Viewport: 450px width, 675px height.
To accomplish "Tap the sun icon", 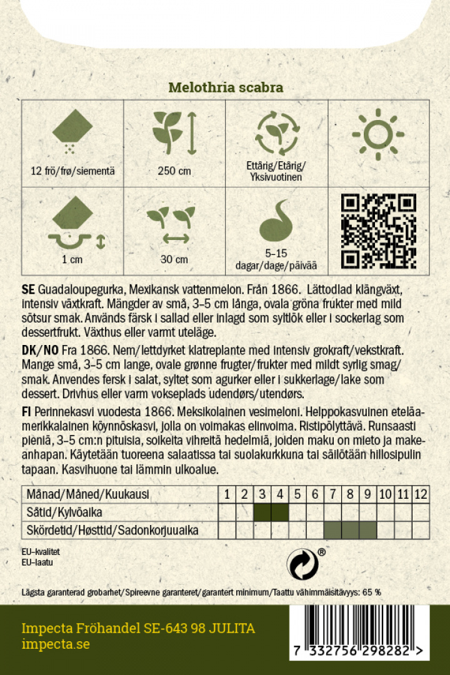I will pos(378,134).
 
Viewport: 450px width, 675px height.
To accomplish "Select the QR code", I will pos(379,231).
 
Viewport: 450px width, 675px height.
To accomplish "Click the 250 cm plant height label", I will pos(174,171).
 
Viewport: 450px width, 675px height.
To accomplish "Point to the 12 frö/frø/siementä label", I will pos(72,171).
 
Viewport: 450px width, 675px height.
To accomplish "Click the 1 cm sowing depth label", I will pos(72,259).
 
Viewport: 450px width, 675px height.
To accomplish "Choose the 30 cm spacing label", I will pos(174,259).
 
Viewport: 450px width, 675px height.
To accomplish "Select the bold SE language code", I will pos(28,290).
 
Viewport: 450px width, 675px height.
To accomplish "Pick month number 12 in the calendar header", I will pos(421,494).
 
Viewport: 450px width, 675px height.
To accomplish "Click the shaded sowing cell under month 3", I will pos(262,512).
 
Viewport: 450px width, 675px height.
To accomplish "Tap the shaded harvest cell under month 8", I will pos(350,531).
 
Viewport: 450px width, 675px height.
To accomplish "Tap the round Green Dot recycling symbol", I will pos(302,564).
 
